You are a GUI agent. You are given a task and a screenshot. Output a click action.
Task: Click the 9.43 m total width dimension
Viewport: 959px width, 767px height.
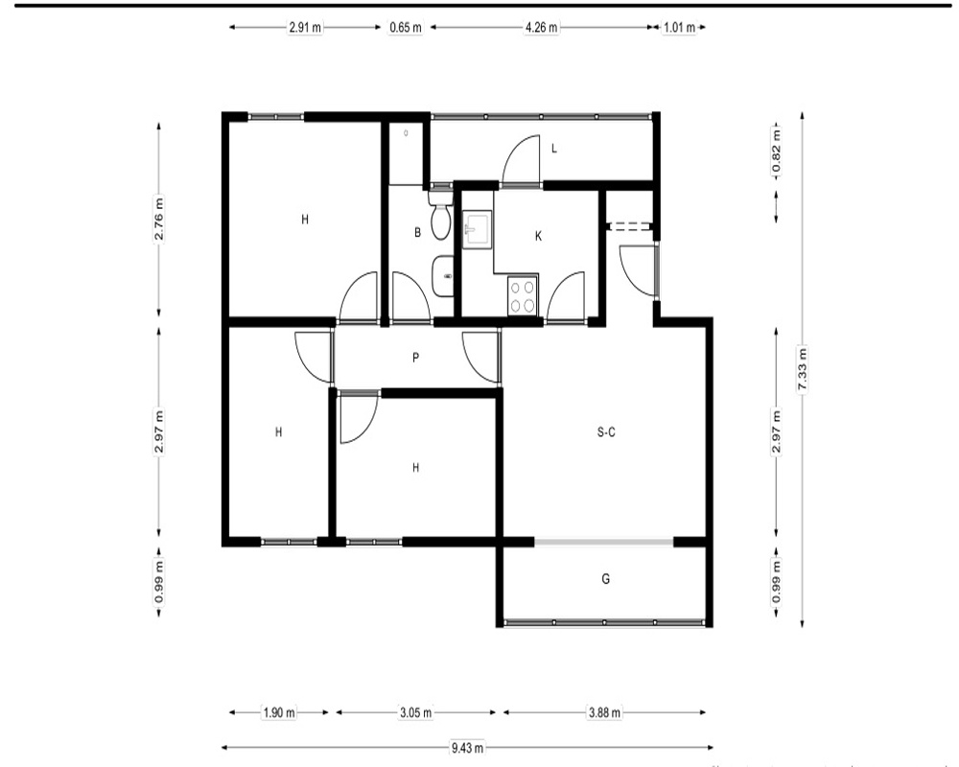point(468,748)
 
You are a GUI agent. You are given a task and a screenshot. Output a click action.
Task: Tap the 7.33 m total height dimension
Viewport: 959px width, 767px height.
point(802,369)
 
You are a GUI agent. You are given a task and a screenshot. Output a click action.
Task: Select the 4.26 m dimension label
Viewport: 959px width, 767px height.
point(542,27)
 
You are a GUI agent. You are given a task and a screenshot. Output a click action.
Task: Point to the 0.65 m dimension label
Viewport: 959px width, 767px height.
point(406,27)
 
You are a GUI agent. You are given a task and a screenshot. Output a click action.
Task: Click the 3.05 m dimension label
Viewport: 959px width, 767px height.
point(416,712)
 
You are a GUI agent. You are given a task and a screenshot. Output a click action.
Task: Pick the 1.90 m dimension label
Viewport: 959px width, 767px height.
point(279,712)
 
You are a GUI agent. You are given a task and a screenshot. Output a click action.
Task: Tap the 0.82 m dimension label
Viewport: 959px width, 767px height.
point(777,151)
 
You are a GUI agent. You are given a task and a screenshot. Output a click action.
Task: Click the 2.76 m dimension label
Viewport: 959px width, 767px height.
point(159,219)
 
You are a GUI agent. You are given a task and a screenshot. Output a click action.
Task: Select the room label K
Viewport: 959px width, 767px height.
point(539,236)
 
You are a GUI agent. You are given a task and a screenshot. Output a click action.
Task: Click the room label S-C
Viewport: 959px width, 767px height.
point(606,432)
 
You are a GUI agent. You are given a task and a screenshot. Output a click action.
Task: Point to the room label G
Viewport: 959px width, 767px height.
point(606,579)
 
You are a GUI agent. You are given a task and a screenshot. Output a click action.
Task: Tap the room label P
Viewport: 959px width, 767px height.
point(416,358)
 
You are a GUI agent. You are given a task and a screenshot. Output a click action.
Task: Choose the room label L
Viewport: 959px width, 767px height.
point(554,148)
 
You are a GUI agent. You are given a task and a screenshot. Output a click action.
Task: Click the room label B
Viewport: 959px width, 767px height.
point(418,232)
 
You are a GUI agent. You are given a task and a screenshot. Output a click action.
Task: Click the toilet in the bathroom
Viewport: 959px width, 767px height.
point(440,216)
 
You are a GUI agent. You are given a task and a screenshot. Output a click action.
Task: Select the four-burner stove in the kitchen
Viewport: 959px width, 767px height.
point(523,296)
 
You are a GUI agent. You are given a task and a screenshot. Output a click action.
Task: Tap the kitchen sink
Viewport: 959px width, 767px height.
point(477,230)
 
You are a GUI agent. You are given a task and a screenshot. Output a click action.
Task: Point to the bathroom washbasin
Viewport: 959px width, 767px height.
point(442,276)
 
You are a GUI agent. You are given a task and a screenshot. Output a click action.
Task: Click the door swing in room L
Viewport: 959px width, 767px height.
point(520,159)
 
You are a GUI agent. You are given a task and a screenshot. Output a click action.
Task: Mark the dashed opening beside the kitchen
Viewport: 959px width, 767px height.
point(629,226)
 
